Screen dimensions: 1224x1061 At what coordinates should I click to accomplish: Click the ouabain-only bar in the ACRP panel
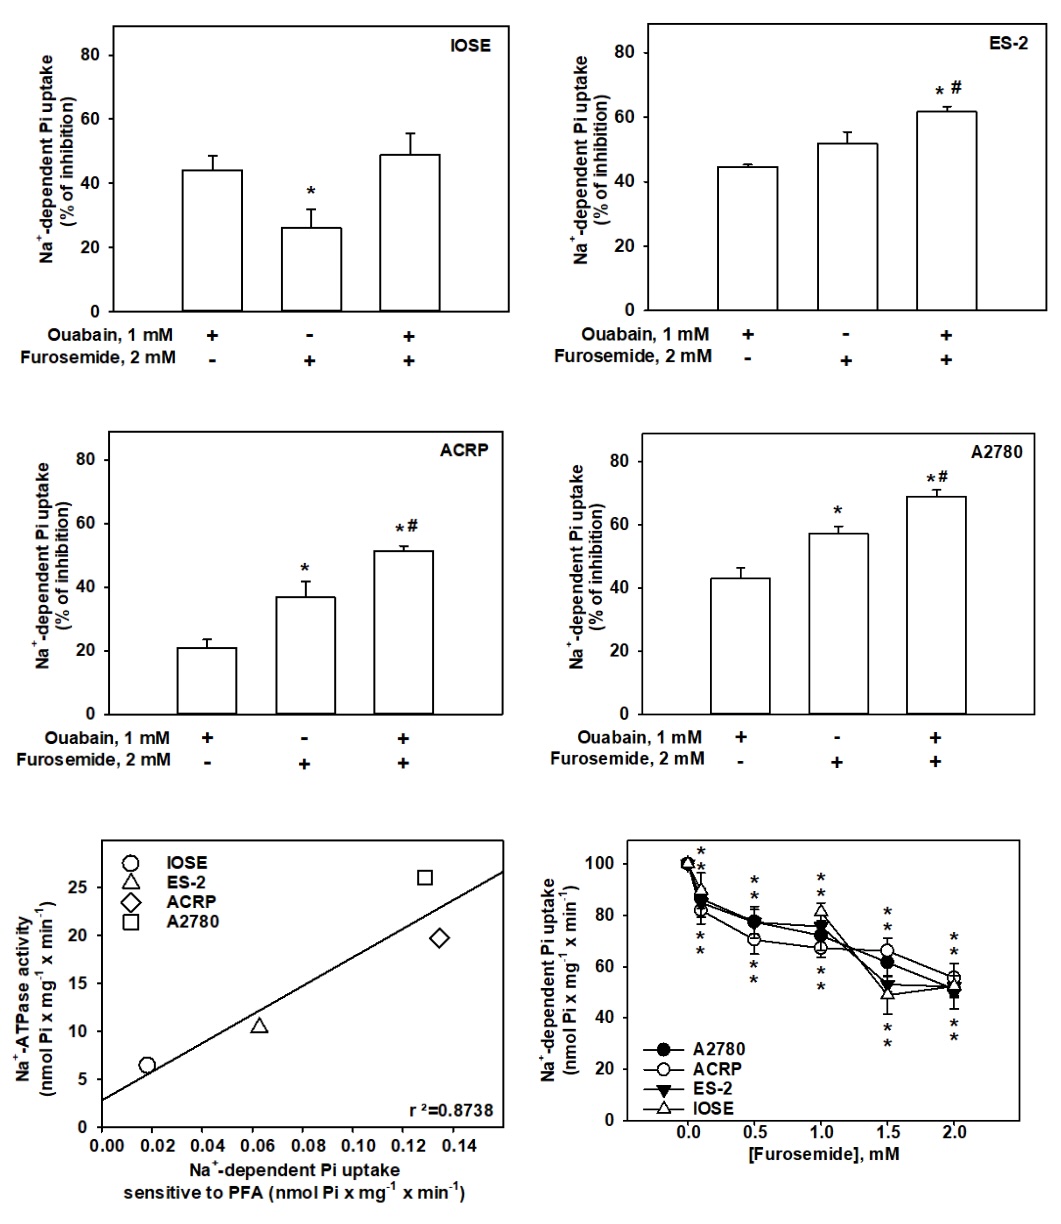(207, 680)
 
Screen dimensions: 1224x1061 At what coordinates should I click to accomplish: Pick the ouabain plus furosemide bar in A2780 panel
(936, 604)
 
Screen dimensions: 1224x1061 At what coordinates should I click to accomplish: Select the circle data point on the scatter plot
(147, 1065)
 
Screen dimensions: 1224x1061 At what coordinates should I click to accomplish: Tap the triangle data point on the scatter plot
(259, 1026)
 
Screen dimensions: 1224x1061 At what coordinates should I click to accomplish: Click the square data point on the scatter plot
(425, 877)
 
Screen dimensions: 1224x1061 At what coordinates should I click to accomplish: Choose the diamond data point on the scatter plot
(439, 937)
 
